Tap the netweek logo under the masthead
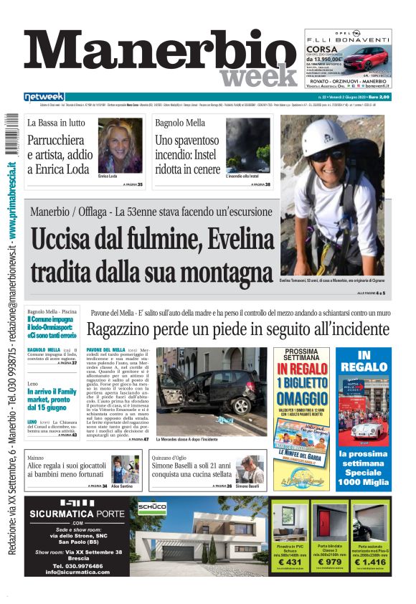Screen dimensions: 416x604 pyautogui.click(x=44, y=96)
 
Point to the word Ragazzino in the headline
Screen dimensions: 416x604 pyautogui.click(x=125, y=330)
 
